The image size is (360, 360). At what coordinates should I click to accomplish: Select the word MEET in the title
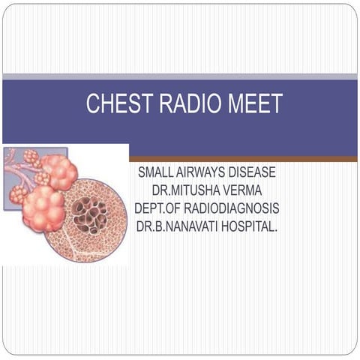[x=255, y=104]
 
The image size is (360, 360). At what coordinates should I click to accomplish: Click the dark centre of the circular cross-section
[x=93, y=215]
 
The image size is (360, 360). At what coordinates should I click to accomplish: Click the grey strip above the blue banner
[x=180, y=76]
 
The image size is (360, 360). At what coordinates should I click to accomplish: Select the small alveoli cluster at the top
[x=32, y=158]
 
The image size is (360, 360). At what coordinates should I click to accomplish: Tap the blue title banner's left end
[x=15, y=112]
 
